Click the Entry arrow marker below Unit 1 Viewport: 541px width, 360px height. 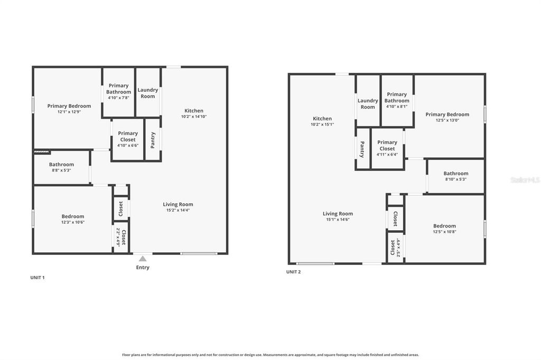142,259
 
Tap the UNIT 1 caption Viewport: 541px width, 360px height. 38,277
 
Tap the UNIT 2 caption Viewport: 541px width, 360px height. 293,272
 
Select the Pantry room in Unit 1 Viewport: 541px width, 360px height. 153,140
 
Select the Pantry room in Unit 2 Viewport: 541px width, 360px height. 362,149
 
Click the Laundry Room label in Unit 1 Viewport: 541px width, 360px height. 148,93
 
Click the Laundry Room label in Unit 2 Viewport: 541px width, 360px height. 368,103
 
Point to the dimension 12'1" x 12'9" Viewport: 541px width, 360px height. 69,112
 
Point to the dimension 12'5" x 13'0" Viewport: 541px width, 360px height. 447,120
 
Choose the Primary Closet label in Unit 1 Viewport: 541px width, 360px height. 128,136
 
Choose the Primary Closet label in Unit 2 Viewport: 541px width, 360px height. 387,145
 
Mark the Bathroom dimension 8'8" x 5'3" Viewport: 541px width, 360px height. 61,170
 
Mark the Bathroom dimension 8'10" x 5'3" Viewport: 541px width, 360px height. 455,179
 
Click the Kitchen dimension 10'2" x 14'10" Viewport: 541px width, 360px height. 194,117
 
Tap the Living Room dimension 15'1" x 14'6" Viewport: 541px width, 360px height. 338,220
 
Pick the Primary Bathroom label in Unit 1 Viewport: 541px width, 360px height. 118,89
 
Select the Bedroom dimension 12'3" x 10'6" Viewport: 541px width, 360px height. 73,222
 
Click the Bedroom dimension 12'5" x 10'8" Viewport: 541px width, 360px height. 444,232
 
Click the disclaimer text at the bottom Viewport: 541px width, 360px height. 270,355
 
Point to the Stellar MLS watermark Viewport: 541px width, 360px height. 525,180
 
